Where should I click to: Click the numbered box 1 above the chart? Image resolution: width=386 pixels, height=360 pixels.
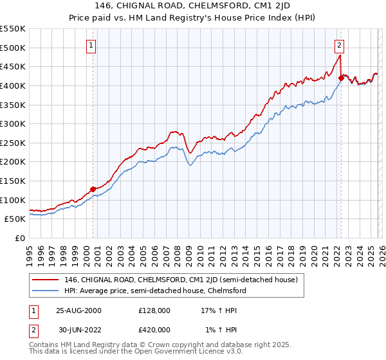click(92, 46)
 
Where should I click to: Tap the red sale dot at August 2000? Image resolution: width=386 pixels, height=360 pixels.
click(93, 189)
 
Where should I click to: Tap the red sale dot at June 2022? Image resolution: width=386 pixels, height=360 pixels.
click(341, 78)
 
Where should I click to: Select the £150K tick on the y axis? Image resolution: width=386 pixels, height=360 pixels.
click(13, 181)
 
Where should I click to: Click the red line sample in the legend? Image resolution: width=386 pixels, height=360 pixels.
click(46, 280)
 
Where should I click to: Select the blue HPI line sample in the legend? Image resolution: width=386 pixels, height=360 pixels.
click(46, 291)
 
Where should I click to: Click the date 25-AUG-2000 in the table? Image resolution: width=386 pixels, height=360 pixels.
click(79, 310)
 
